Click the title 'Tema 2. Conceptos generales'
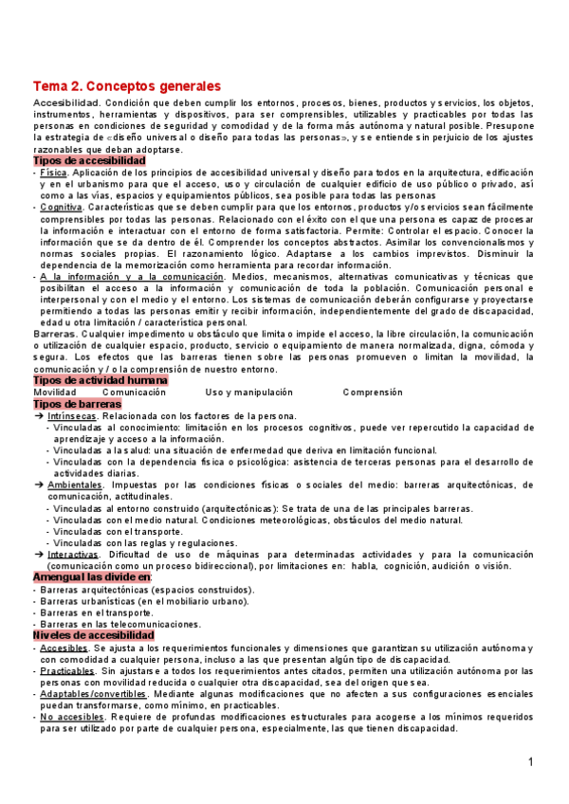[x=127, y=85]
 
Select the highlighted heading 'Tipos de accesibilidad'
[x=89, y=161]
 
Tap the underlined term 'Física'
[x=54, y=174]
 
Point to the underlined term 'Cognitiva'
[x=62, y=207]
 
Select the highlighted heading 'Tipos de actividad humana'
[x=100, y=379]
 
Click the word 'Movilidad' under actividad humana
[x=55, y=392]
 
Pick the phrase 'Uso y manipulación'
[x=248, y=392]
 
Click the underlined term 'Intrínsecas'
[x=72, y=415]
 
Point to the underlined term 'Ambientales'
[x=75, y=484]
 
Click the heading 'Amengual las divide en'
[x=92, y=577]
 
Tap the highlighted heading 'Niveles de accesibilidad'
[x=93, y=634]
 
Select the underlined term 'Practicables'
[x=68, y=670]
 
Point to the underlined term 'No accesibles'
[x=72, y=717]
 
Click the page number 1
[x=531, y=763]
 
